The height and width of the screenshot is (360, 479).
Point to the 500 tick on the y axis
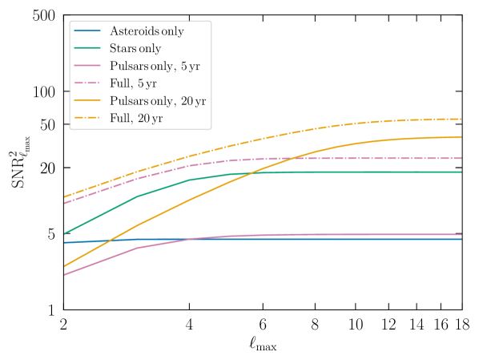point(42,16)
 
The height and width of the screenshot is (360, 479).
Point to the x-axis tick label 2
point(62,326)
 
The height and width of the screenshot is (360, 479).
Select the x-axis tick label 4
point(189,326)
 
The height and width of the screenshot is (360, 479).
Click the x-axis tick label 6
point(263,326)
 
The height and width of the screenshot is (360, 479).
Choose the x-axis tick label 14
point(417,326)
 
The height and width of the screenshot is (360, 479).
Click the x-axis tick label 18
point(462,326)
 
